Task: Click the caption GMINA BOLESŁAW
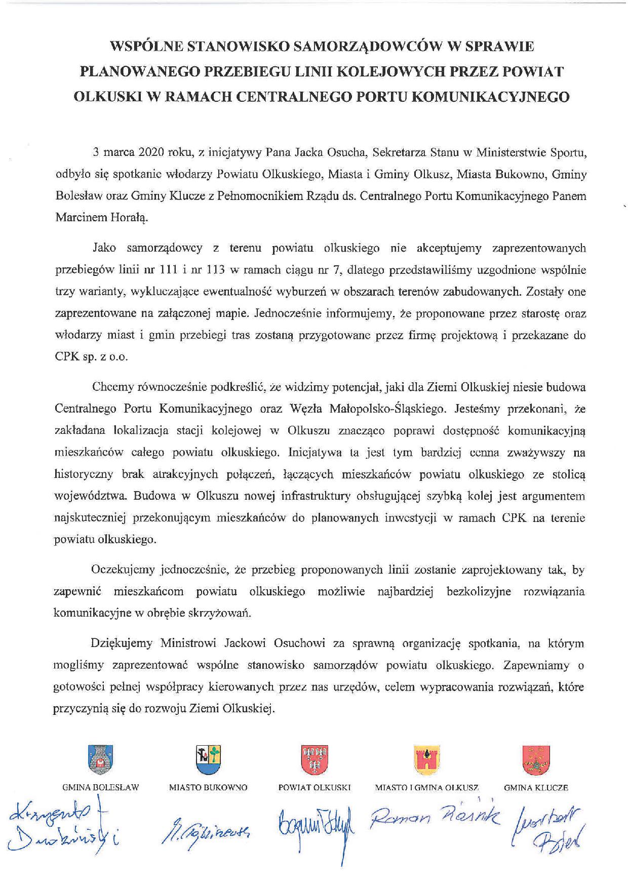pos(100,788)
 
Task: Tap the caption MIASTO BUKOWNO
pos(208,788)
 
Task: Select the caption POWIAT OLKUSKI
pos(315,788)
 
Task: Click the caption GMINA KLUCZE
pos(536,788)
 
